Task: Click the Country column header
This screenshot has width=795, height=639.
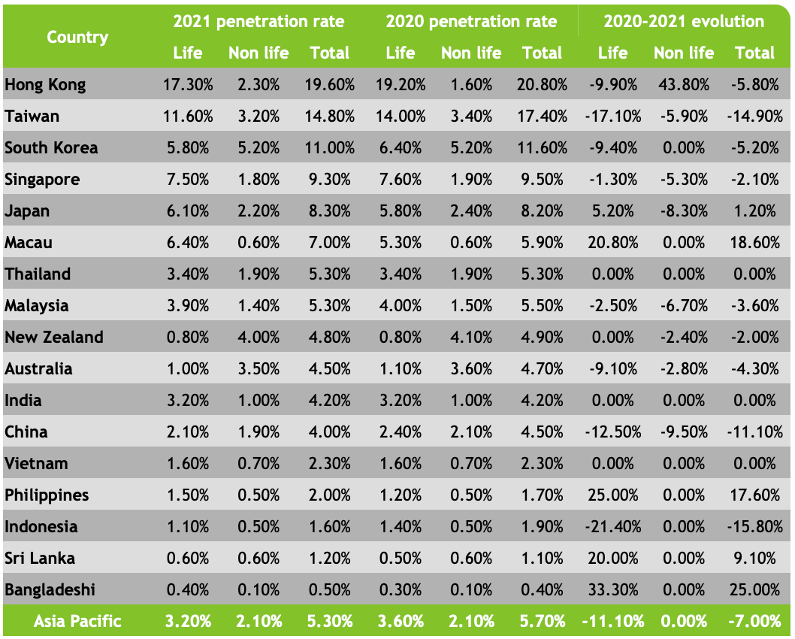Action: click(x=77, y=37)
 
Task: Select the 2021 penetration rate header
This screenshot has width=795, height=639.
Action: click(x=258, y=21)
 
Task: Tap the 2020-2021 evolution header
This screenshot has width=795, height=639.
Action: click(x=683, y=21)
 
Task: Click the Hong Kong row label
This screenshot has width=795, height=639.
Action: click(x=45, y=85)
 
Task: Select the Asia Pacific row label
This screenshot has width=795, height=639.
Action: click(x=77, y=622)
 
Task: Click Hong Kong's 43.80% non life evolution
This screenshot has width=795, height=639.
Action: click(x=683, y=85)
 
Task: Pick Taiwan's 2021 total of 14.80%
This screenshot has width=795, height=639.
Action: click(x=329, y=117)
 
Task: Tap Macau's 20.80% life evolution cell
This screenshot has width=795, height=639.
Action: click(x=612, y=243)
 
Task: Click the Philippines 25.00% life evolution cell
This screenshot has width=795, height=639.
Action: click(x=612, y=495)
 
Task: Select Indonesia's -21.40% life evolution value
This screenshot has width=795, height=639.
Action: click(x=612, y=527)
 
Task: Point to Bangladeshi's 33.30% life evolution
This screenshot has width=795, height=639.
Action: click(x=612, y=590)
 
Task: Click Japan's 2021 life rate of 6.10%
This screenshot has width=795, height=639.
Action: click(x=188, y=211)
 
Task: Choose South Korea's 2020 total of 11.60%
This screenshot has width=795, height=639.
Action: click(x=542, y=148)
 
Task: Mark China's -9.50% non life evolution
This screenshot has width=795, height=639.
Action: click(x=683, y=432)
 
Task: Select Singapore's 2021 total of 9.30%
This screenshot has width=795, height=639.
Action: click(x=329, y=180)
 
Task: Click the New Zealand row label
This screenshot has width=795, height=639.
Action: click(x=54, y=338)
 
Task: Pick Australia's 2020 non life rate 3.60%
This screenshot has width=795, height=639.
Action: click(x=471, y=369)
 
